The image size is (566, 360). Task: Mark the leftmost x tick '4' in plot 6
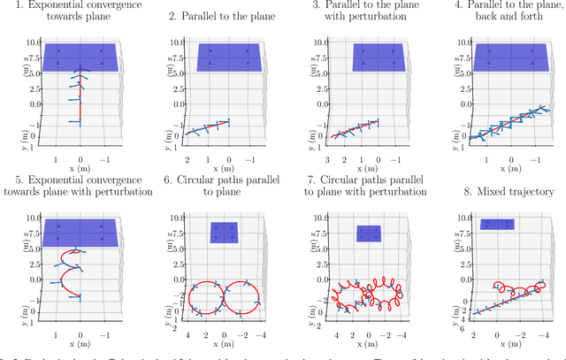point(188,336)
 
